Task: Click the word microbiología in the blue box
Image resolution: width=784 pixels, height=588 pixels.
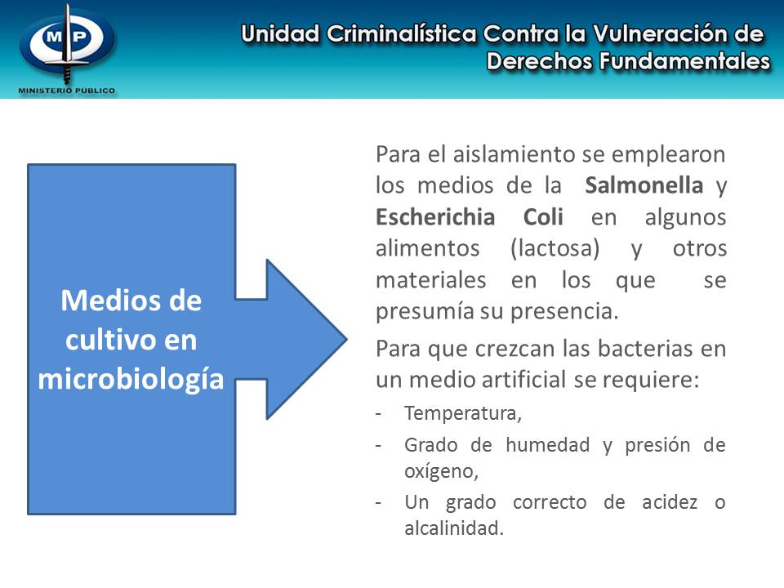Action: [131, 378]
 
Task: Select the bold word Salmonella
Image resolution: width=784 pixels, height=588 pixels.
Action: [644, 185]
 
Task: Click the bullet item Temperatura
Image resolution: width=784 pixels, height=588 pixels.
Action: [462, 413]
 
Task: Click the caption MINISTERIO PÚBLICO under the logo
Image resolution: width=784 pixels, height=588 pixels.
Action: [67, 90]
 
